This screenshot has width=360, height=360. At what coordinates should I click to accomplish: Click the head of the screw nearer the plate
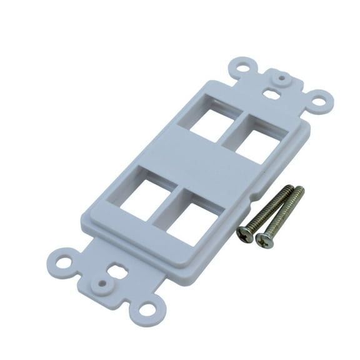(245, 234)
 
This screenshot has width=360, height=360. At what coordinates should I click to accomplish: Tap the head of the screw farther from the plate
(266, 239)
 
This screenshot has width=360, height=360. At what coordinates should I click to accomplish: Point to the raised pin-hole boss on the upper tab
(283, 79)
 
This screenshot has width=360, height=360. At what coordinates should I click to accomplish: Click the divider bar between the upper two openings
(232, 128)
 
